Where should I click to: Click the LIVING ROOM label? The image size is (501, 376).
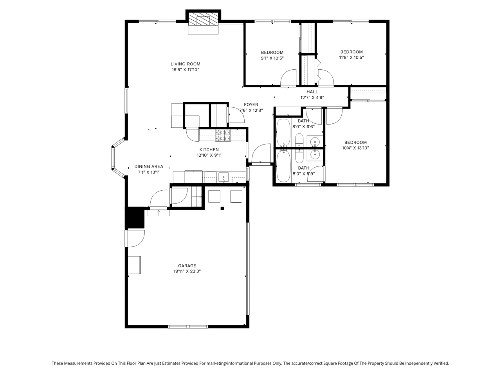pos(186,64)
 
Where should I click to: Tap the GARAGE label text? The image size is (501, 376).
pos(187,266)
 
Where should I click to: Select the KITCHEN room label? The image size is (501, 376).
pos(209,150)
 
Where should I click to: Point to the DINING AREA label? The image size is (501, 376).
pos(149,166)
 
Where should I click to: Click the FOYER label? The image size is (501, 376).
pos(251,105)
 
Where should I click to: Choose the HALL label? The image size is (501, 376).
pos(312,92)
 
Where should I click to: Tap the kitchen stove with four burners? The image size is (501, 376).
pos(223,136)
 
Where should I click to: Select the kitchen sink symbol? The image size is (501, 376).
pos(223,177)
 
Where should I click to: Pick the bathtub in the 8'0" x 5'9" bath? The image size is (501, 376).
pos(283,166)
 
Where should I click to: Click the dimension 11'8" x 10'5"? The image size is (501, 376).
pos(351,58)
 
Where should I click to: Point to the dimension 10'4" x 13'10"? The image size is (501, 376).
pos(355,148)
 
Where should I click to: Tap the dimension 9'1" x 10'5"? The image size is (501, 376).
pos(272,58)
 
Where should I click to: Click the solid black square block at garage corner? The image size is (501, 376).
pos(135,218)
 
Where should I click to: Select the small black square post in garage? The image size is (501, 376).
pos(222,208)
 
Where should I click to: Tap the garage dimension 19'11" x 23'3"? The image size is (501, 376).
pos(187,271)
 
